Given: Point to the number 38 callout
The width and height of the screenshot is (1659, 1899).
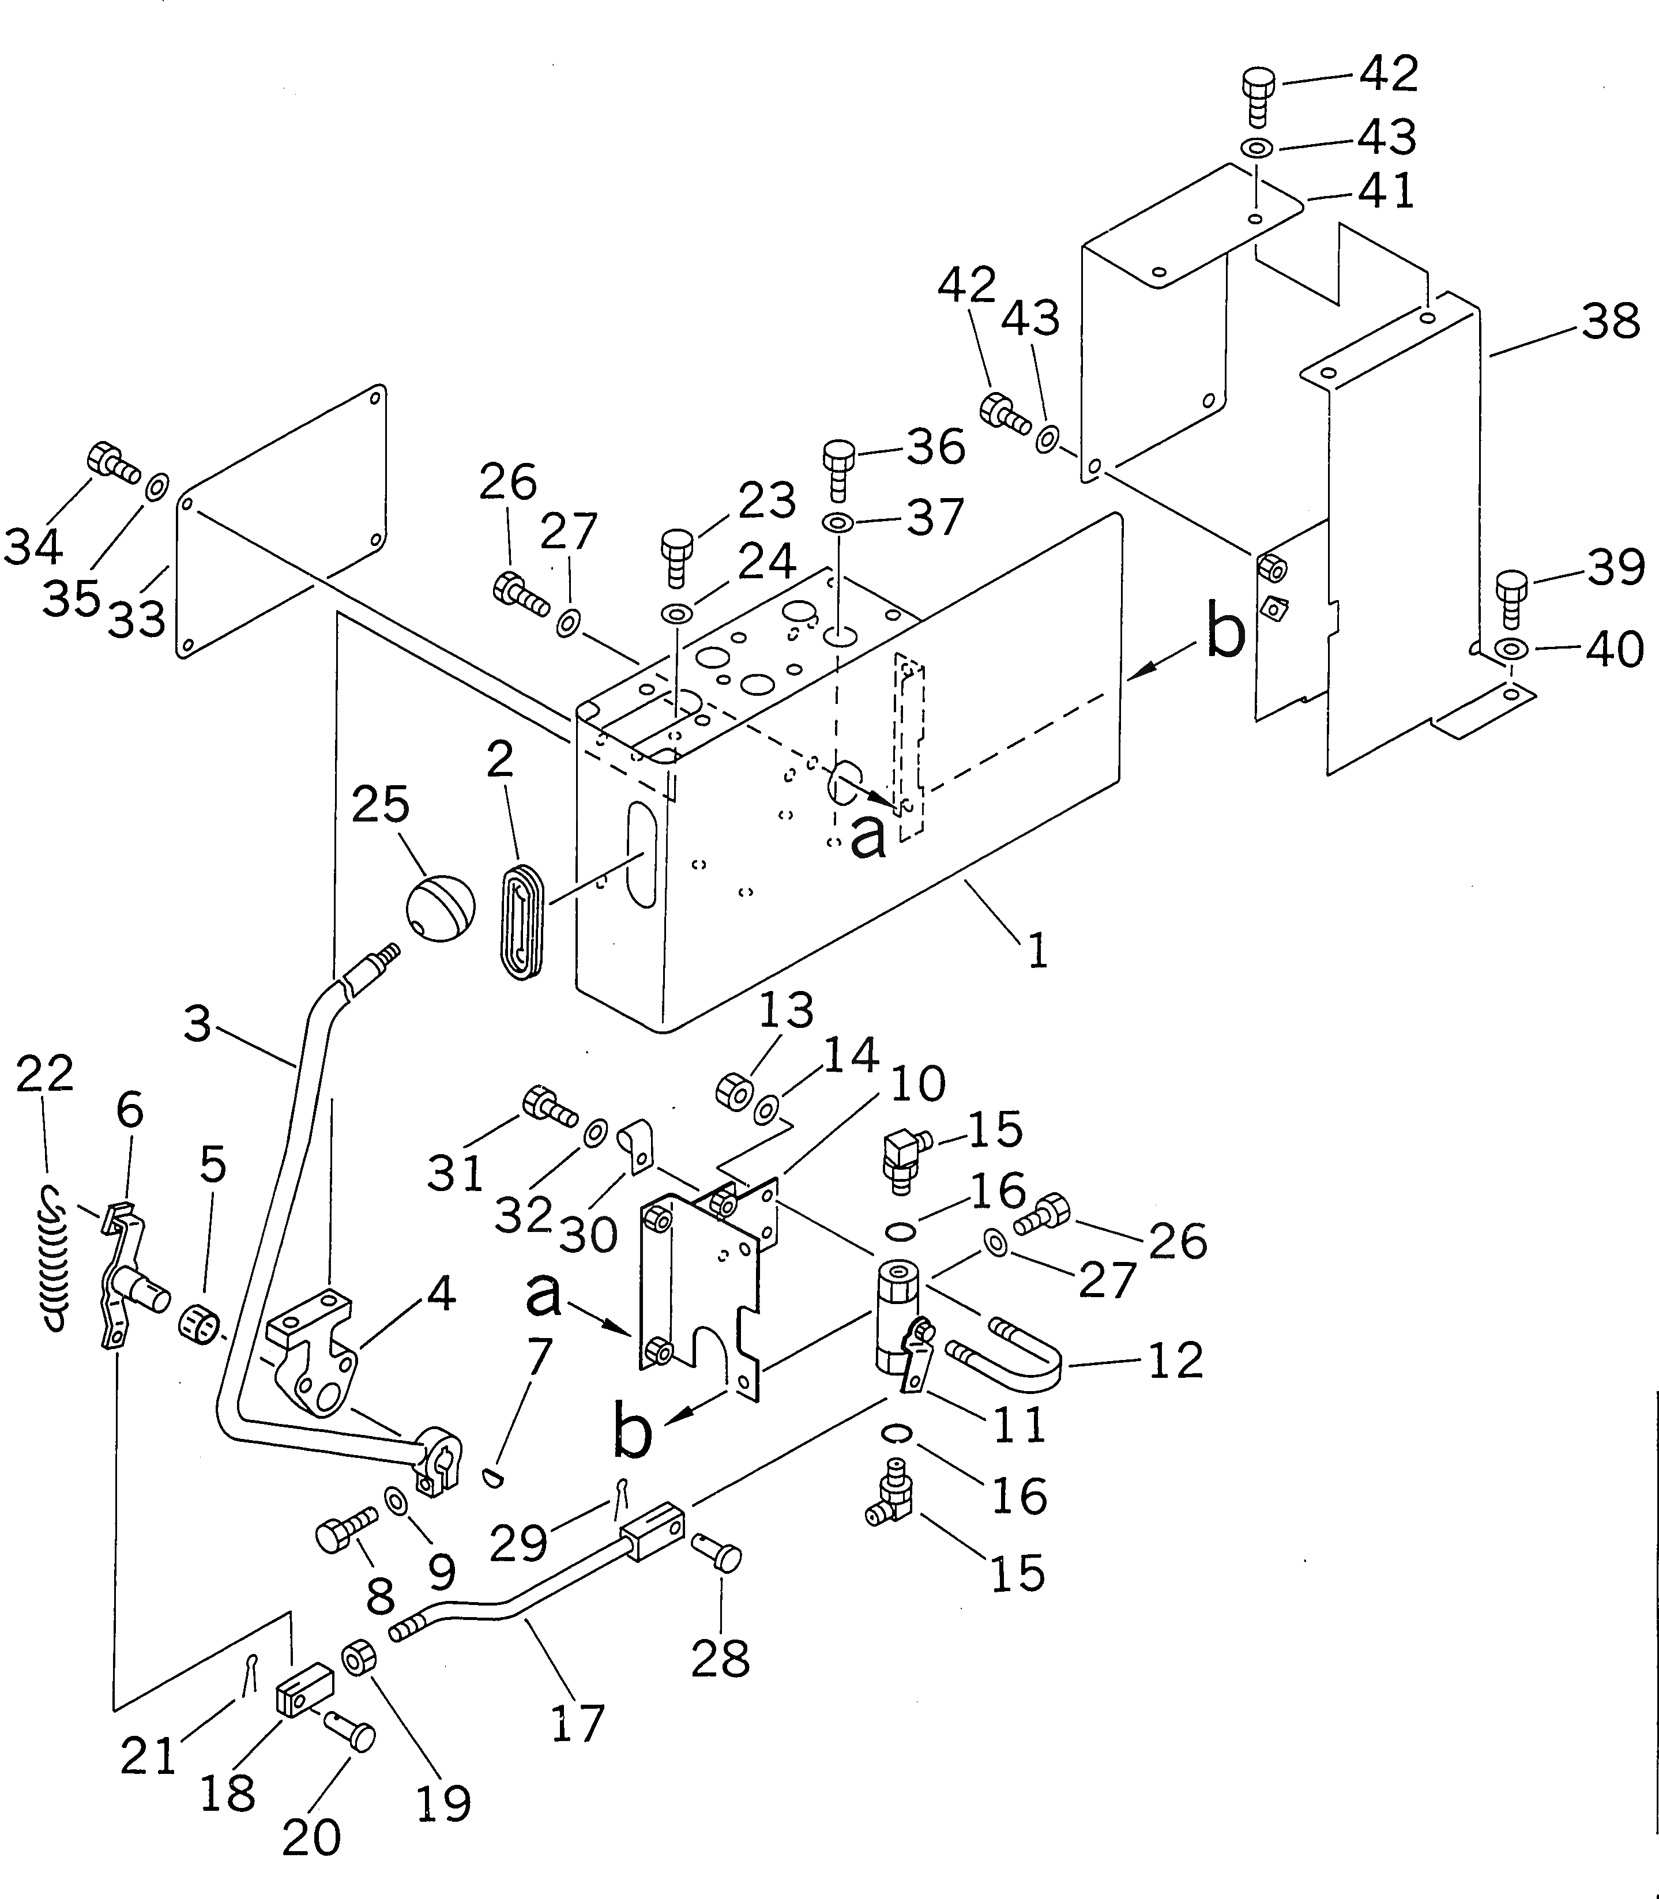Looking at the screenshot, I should pos(1611,322).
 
